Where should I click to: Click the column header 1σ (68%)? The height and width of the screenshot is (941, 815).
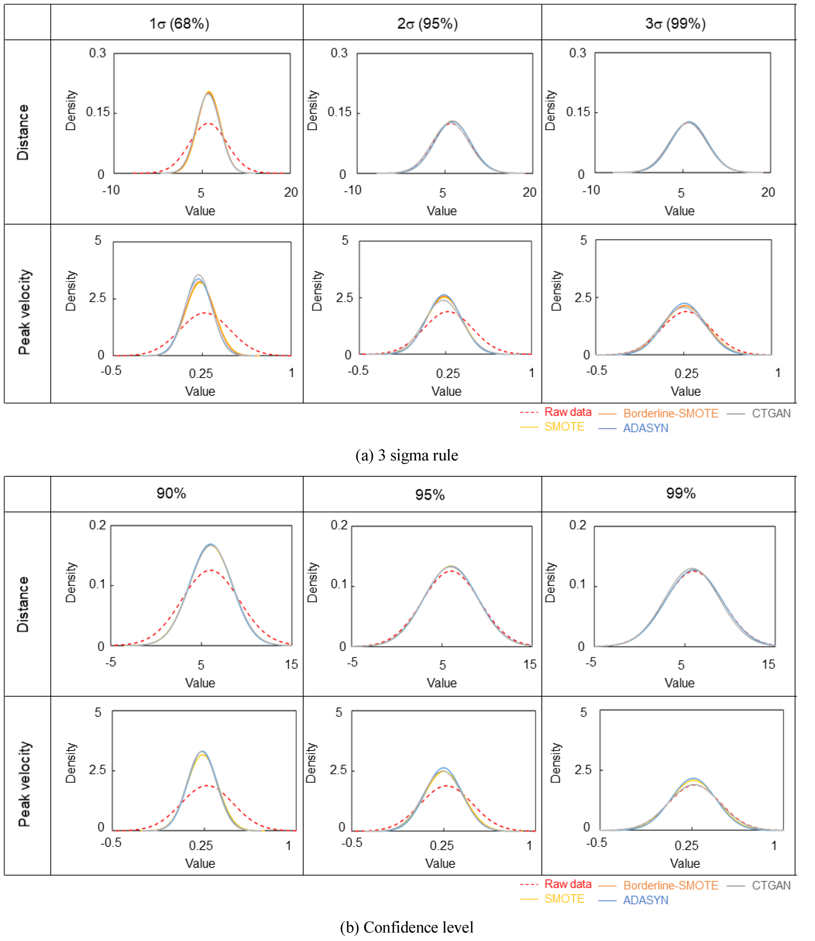pos(179,23)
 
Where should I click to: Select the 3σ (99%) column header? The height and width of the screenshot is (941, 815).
pos(675,23)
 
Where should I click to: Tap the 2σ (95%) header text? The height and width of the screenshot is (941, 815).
pos(427,23)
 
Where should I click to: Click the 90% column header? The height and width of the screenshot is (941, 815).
pos(171,493)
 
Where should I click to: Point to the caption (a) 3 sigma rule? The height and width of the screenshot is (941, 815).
pos(407,455)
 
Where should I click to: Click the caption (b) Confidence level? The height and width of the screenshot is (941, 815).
pos(407,927)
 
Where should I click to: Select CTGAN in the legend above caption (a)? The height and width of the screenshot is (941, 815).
pos(771,414)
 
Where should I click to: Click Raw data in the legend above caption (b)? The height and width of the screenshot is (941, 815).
pos(568,884)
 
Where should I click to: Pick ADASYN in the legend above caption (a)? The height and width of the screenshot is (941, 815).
pos(645,428)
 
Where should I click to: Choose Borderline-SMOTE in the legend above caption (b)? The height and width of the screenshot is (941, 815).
pos(670,885)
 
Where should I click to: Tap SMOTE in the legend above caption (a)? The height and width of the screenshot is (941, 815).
pos(564,427)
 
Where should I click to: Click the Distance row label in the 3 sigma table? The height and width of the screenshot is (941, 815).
pos(22,132)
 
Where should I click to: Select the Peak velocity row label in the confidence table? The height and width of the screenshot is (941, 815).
pos(24,784)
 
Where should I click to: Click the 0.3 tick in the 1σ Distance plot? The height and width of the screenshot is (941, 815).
pos(97,53)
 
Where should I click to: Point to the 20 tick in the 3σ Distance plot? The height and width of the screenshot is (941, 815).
pos(768,192)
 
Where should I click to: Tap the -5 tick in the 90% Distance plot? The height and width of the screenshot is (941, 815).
pos(110,662)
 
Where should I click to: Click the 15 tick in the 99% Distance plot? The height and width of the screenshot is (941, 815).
pos(768,664)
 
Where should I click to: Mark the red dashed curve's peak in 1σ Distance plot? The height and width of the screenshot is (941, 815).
pos(207,124)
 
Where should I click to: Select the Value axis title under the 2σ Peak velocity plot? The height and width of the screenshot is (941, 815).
pos(446,391)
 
